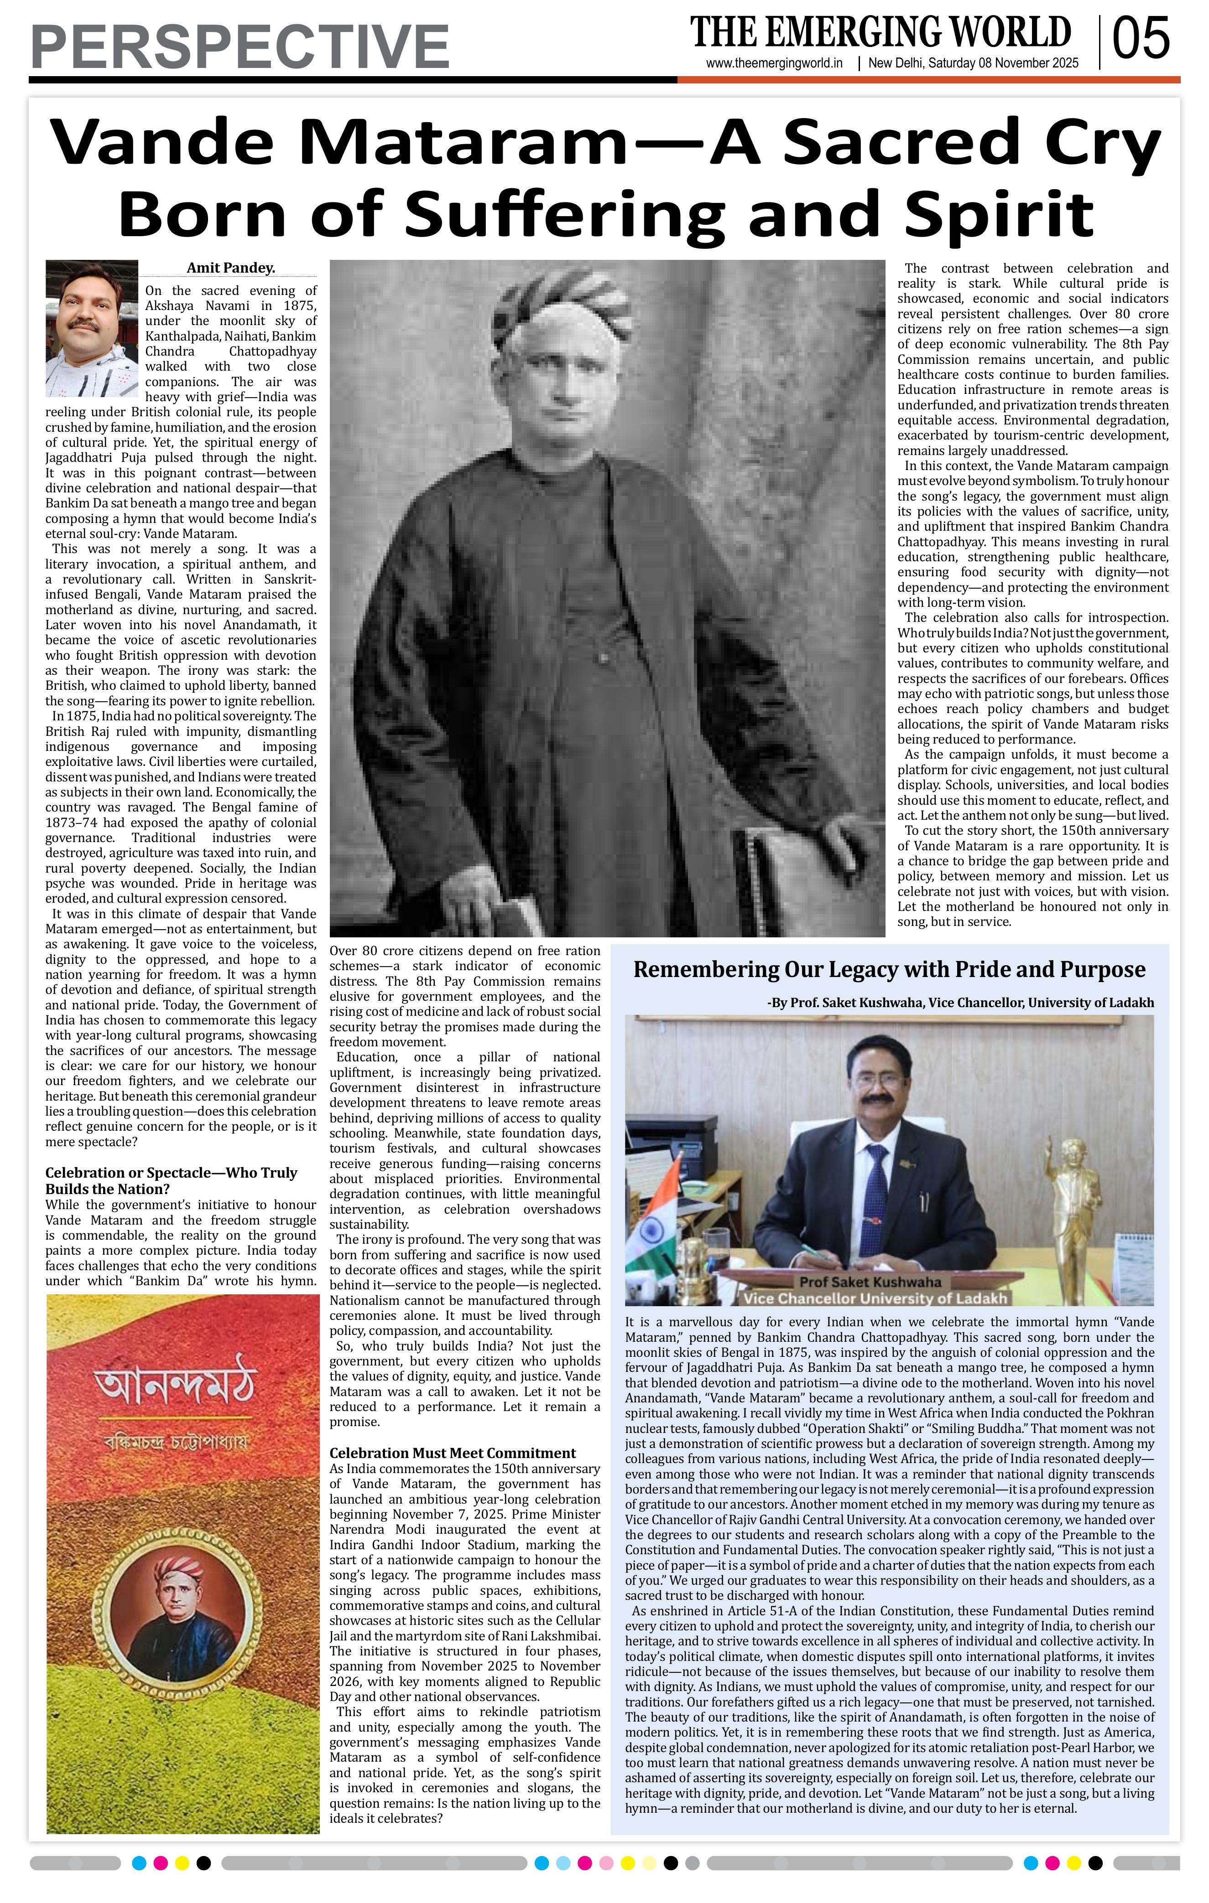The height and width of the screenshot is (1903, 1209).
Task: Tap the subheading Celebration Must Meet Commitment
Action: (452, 1453)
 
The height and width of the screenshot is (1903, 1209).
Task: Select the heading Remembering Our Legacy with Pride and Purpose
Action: (889, 970)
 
